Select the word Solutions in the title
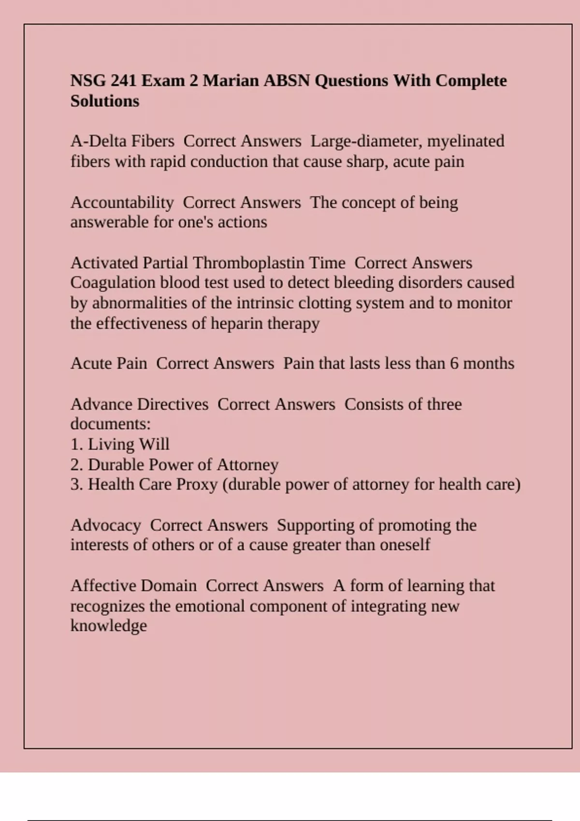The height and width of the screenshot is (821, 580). click(x=105, y=101)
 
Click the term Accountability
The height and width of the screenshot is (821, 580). click(x=122, y=202)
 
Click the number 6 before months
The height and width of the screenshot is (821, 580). click(x=454, y=363)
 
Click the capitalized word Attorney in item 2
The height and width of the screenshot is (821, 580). click(x=247, y=465)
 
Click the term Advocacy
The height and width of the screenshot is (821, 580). click(x=105, y=525)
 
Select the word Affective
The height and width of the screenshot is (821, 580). click(x=101, y=586)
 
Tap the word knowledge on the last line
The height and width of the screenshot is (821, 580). click(x=109, y=626)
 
